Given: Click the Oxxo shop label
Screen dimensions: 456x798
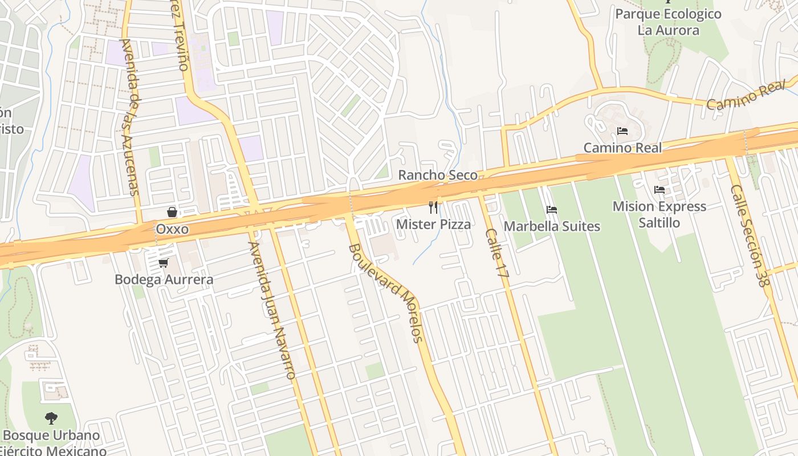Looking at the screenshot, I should (x=172, y=229).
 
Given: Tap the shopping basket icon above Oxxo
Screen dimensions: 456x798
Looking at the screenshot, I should (x=172, y=213).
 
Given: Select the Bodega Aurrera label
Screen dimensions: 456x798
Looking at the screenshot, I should (x=164, y=279).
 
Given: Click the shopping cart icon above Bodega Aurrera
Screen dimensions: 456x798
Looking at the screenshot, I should (x=164, y=263).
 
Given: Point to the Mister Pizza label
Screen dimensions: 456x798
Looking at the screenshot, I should (x=433, y=224).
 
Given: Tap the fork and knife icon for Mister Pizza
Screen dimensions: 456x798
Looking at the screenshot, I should (x=433, y=207).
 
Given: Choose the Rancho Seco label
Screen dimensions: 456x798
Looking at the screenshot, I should (x=438, y=175).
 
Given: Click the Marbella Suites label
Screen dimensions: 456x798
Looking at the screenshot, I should (x=552, y=226).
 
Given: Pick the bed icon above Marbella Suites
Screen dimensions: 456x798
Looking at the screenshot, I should (x=551, y=210).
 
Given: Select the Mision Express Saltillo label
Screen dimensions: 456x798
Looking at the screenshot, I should (x=659, y=214).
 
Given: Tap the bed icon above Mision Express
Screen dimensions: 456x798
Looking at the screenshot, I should (x=659, y=190).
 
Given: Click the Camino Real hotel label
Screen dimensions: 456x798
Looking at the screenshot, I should (x=622, y=148).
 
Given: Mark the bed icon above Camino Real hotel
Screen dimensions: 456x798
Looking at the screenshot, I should (x=622, y=131).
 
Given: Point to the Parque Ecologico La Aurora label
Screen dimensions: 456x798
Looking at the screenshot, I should (x=668, y=22).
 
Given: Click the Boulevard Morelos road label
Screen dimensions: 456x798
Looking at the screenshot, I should (x=386, y=292).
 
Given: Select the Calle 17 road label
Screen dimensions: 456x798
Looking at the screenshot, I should (x=496, y=253).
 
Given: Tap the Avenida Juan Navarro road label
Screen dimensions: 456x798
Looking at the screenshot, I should (x=272, y=311).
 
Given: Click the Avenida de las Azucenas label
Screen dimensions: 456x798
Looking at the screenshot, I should (x=131, y=117).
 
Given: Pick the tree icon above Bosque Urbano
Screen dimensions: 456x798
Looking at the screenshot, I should (x=51, y=418).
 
